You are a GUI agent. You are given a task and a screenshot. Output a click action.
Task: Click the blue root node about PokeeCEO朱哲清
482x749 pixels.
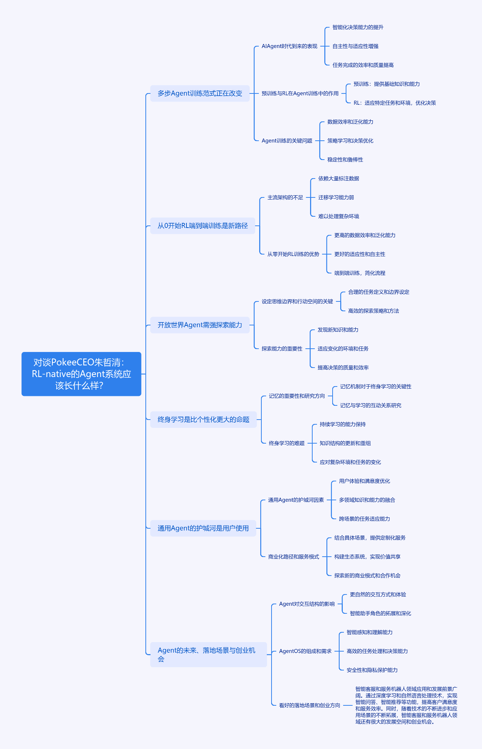(81, 374)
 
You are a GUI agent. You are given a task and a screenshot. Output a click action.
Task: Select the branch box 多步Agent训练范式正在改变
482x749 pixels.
(200, 93)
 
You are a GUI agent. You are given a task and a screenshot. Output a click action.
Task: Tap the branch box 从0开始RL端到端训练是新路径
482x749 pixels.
(203, 226)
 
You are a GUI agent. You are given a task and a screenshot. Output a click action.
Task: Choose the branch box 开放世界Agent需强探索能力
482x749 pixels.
(200, 325)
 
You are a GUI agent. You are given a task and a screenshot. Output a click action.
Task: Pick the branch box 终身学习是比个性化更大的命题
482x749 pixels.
(204, 420)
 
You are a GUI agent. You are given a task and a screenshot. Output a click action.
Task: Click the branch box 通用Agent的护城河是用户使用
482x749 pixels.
(203, 528)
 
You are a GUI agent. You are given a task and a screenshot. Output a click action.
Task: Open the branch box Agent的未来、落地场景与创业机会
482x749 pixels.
(209, 654)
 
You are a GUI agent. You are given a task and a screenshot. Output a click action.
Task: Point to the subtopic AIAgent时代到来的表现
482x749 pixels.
(289, 46)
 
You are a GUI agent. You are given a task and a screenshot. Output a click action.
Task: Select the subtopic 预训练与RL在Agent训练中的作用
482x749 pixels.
(300, 93)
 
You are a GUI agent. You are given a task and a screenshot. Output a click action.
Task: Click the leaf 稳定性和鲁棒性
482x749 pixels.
(345, 160)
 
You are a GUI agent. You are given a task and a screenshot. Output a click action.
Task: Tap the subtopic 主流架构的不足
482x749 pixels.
(285, 197)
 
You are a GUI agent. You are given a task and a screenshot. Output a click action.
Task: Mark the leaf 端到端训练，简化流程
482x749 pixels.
(360, 273)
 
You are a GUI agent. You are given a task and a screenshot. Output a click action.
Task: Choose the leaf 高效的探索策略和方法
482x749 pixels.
(373, 311)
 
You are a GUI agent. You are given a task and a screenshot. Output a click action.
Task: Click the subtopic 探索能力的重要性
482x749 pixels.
(282, 349)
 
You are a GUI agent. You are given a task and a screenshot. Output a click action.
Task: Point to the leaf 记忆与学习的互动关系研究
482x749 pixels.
(370, 405)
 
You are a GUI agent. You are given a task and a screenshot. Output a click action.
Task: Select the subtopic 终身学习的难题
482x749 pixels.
(286, 443)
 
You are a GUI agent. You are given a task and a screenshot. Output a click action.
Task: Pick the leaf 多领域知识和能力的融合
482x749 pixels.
(367, 500)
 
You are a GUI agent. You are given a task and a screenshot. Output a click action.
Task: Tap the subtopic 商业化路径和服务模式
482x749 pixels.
(293, 557)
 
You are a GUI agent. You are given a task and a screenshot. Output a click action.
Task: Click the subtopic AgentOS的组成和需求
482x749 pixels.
(305, 651)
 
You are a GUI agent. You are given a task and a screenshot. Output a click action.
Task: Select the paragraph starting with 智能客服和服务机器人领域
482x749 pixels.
(406, 705)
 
